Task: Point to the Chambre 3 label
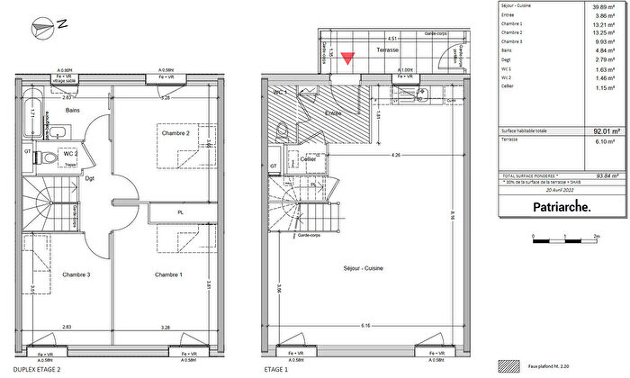75,274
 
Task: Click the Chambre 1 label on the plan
168,274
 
